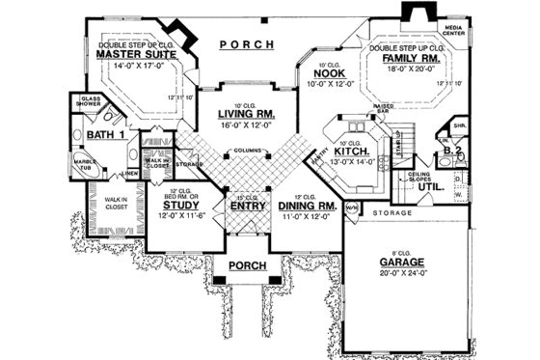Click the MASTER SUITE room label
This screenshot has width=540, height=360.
131,55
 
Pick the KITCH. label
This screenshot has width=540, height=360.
348,152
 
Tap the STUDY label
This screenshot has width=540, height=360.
180,206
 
